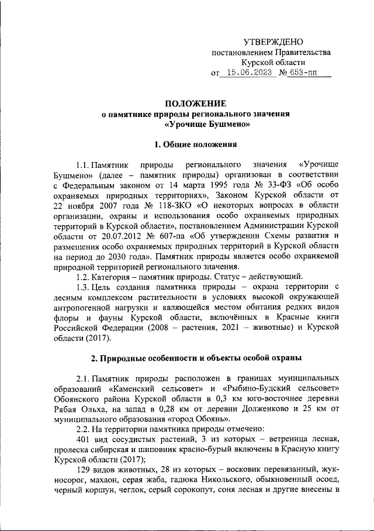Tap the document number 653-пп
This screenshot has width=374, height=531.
coord(308,73)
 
